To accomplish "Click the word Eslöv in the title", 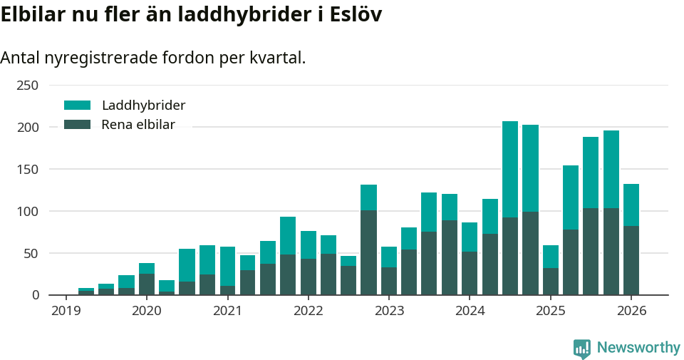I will (x=354, y=15).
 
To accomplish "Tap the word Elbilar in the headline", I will (x=33, y=15).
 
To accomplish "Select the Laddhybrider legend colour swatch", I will (x=78, y=106).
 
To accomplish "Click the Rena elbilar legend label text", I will (x=138, y=125).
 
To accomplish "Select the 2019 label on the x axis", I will (x=66, y=311).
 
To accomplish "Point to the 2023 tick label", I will (x=389, y=311).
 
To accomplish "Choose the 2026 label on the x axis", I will (x=631, y=311).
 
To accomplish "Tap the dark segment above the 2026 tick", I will (x=631, y=260).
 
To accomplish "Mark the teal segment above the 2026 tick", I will (x=631, y=205).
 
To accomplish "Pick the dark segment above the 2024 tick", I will (x=470, y=273).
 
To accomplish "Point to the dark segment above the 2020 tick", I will (x=147, y=284).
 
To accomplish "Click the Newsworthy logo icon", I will (x=581, y=349).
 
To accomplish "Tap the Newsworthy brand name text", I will (x=638, y=348).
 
